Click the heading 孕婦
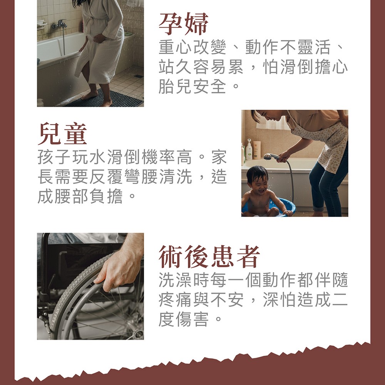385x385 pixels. tap(183, 24)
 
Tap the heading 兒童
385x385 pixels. tap(62, 134)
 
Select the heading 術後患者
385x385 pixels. tap(209, 256)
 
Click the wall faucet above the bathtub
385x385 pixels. tap(59, 24)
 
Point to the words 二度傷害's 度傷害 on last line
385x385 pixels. tap(184, 319)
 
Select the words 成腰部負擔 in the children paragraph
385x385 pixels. tap(80, 196)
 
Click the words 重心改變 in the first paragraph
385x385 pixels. tap(192, 47)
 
